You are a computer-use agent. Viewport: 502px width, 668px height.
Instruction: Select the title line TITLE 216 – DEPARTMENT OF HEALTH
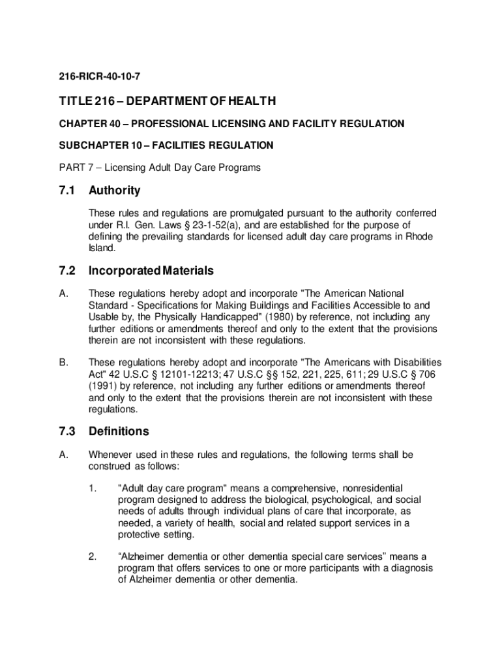click(x=168, y=101)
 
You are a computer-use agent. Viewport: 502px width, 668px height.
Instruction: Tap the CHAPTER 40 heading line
click(x=231, y=124)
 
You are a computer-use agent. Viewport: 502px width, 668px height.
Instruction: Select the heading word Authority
click(x=115, y=191)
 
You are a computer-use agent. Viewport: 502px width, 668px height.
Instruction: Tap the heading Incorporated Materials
click(x=151, y=271)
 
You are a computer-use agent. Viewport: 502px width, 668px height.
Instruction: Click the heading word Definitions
click(x=119, y=432)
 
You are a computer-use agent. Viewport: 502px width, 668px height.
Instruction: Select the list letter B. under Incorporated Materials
click(x=63, y=363)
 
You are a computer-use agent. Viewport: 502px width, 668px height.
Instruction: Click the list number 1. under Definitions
click(x=93, y=488)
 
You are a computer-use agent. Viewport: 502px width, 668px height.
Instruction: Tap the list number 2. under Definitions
click(x=93, y=557)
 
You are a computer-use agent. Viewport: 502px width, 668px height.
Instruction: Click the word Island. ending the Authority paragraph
click(x=102, y=249)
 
